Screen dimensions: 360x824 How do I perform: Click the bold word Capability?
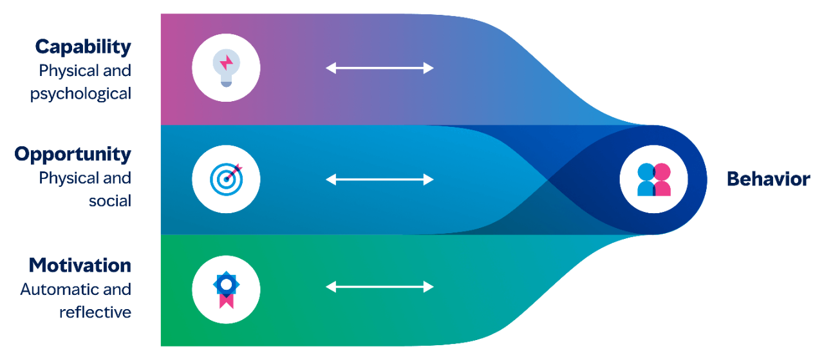point(83,46)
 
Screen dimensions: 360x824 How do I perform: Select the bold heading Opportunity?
point(73,155)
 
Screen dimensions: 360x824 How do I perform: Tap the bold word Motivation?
point(80,265)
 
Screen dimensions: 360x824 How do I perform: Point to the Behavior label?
point(768,179)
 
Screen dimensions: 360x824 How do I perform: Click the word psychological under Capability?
point(80,93)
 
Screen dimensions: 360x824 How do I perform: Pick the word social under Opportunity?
point(110,201)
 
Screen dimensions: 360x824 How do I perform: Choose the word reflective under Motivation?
point(95,312)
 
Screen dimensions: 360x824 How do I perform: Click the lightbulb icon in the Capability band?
point(226,68)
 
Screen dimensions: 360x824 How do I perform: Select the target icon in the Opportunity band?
point(226,179)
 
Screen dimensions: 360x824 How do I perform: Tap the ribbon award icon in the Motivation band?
point(226,290)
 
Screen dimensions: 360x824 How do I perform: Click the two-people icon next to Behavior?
point(653,179)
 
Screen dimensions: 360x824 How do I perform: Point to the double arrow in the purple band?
point(380,68)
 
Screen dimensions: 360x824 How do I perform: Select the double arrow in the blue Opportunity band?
point(380,179)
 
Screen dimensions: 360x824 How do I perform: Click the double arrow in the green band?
point(380,287)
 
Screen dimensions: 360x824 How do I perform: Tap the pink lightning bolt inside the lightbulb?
point(227,62)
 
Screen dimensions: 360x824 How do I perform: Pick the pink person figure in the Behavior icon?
point(662,180)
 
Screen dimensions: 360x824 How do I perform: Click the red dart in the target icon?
point(235,171)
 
